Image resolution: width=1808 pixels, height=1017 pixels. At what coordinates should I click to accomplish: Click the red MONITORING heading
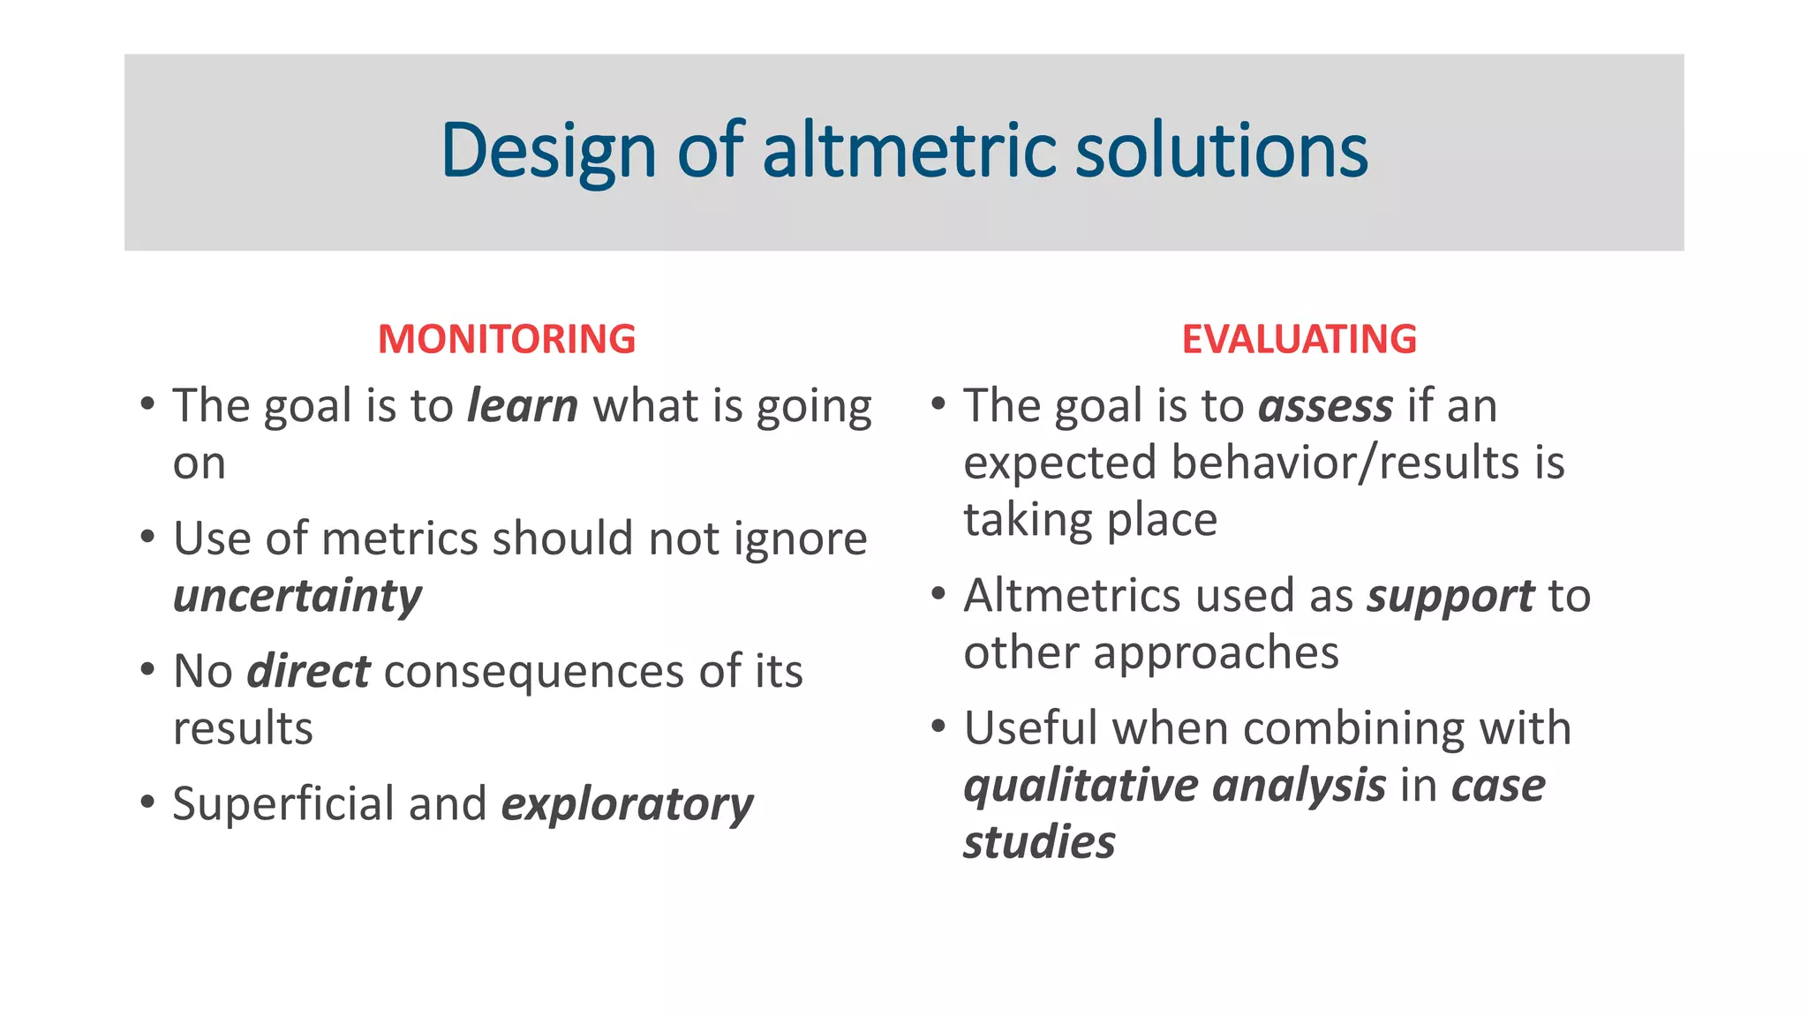pos(507,340)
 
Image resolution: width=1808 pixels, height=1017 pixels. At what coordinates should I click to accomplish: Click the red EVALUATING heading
pos(1299,340)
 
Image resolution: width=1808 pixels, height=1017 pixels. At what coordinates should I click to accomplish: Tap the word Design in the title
pos(547,152)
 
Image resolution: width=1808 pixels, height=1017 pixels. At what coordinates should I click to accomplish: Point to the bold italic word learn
pos(523,406)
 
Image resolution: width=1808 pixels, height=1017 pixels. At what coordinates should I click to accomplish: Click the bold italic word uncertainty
pos(298,596)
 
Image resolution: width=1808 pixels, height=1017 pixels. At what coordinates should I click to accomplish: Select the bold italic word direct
pos(308,671)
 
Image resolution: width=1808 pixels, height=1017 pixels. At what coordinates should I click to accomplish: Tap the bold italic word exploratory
pos(627,804)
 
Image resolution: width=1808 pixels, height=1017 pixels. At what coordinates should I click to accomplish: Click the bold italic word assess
pos(1325,407)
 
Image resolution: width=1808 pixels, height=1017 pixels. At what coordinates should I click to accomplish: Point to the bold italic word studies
pos(1039,842)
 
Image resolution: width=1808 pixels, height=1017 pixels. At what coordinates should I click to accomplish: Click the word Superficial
pos(282,804)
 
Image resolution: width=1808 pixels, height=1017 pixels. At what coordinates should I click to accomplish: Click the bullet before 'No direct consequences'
pos(147,669)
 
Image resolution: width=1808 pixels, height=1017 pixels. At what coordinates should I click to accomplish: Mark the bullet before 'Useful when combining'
pos(938,727)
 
